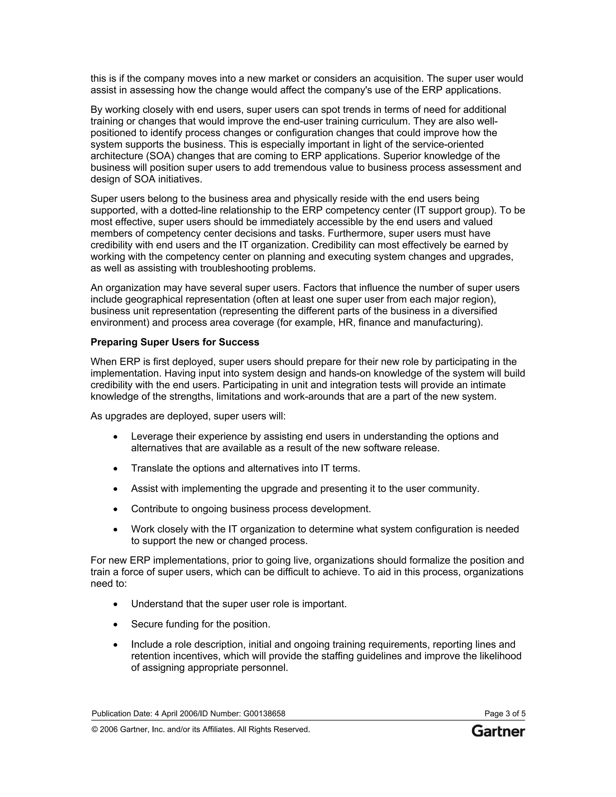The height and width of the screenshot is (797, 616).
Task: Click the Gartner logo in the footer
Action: pos(498,731)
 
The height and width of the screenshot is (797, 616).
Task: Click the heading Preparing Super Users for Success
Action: pos(175,342)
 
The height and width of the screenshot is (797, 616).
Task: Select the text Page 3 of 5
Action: pos(505,713)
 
